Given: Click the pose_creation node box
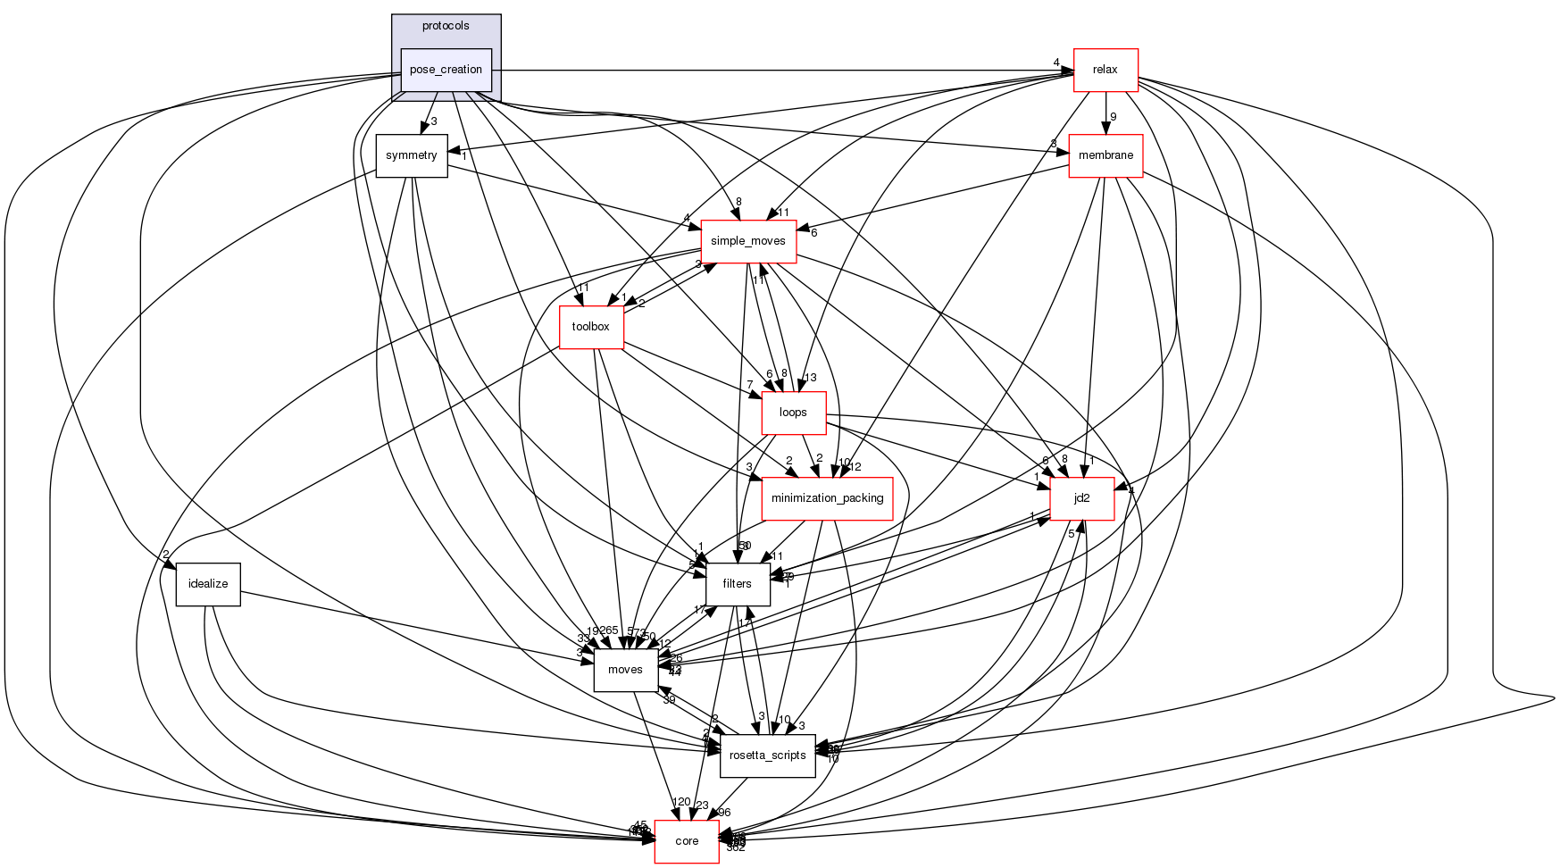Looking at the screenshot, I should pyautogui.click(x=446, y=70).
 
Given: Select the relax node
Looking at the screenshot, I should pyautogui.click(x=1105, y=70).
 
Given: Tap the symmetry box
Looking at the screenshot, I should pyautogui.click(x=411, y=155).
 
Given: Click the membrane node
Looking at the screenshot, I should pyautogui.click(x=1105, y=155).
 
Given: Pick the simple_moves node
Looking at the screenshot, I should pyautogui.click(x=747, y=241).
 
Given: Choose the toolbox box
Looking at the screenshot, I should pyautogui.click(x=590, y=327).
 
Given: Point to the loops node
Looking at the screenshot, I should pyautogui.click(x=793, y=413).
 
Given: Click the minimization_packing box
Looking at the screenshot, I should pyautogui.click(x=827, y=498).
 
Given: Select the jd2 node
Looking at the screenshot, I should pyautogui.click(x=1081, y=498).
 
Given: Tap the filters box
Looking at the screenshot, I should pyautogui.click(x=738, y=584).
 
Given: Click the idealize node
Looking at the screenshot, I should pyautogui.click(x=208, y=584).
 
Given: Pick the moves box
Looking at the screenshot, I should pyautogui.click(x=625, y=670).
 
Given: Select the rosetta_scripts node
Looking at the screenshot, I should pyautogui.click(x=767, y=755).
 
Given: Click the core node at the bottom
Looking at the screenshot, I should pyautogui.click(x=687, y=841).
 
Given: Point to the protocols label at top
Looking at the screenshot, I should pyautogui.click(x=446, y=26).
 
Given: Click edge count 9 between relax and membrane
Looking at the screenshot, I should pyautogui.click(x=1113, y=117).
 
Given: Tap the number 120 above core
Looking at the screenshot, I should pyautogui.click(x=681, y=802).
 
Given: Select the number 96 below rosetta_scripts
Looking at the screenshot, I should pyautogui.click(x=723, y=813).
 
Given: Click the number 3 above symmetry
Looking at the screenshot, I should pyautogui.click(x=433, y=121).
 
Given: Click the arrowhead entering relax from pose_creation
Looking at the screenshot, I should pyautogui.click(x=1066, y=70).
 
